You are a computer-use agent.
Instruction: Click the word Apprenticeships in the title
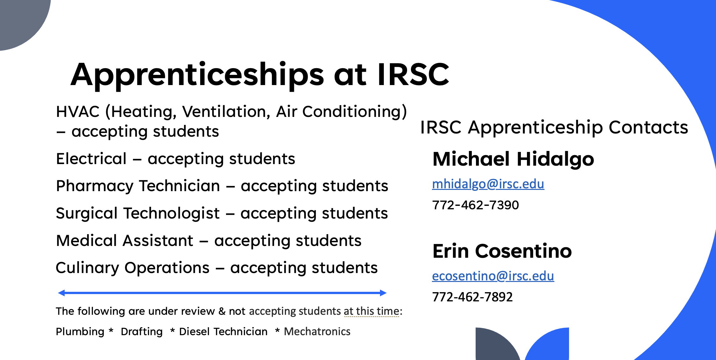coord(197,76)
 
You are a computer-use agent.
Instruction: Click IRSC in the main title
coord(413,74)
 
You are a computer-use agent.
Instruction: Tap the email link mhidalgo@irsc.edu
coord(488,184)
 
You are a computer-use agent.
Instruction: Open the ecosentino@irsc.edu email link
coord(493,276)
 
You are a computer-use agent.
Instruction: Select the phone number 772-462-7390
coord(475,205)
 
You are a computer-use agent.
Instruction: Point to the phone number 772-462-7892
coord(472,297)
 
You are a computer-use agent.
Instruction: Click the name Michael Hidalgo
coord(513,160)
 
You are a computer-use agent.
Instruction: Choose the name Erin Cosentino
coord(502,251)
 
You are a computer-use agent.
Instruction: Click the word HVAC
coord(78,112)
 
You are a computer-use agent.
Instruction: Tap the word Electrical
coord(91,159)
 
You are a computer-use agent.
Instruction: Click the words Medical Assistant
coord(125,241)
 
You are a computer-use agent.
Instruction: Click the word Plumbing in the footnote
coord(80,332)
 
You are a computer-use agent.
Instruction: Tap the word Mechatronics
coord(317,332)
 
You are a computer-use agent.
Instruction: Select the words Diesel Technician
coord(223,332)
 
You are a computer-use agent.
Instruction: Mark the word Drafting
coord(142,332)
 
